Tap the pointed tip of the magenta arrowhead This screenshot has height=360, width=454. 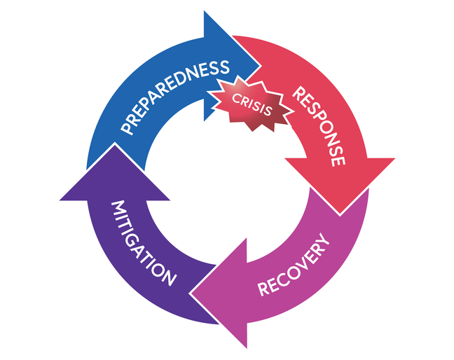pyautogui.click(x=191, y=295)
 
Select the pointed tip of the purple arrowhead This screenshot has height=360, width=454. pyautogui.click(x=115, y=148)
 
